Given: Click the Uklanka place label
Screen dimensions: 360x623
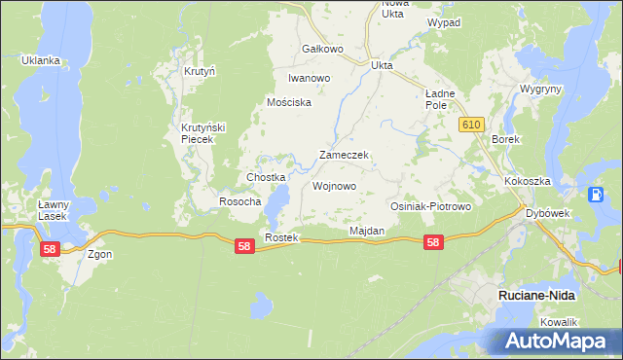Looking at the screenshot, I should (41, 60).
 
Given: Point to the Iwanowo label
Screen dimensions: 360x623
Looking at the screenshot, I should (310, 78).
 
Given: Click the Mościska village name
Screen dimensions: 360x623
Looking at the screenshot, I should (289, 102).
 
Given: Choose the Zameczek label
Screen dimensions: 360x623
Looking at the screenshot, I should (343, 155).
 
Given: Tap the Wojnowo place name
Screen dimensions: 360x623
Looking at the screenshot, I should (334, 186).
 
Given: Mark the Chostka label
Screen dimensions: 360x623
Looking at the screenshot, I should (265, 177).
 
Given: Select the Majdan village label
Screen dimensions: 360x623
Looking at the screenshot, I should (367, 231).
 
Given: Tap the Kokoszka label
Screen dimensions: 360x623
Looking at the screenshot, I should (528, 182).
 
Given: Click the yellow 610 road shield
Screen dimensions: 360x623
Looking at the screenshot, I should (472, 125).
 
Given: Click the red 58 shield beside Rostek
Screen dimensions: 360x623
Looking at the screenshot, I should (244, 247).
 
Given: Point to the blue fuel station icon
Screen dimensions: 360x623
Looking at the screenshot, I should (595, 194).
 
